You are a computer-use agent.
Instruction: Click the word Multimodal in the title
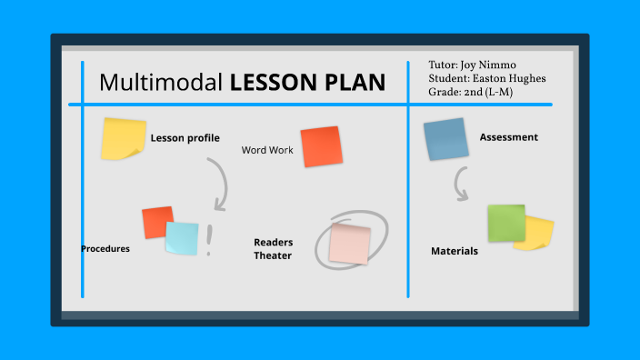tap(160, 83)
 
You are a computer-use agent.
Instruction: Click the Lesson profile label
tap(185, 138)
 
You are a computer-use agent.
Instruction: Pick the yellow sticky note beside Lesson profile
tap(123, 139)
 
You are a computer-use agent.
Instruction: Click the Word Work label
tap(267, 150)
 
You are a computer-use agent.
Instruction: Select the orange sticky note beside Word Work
tap(321, 146)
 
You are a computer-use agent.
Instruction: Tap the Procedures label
tap(105, 248)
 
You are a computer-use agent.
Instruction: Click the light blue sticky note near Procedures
tap(182, 238)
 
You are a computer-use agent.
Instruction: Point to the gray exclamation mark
tap(209, 240)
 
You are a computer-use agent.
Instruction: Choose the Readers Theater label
tap(273, 249)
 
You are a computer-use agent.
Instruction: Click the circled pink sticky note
tap(350, 244)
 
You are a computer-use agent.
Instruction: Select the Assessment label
tap(508, 137)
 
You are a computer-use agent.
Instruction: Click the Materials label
tap(455, 251)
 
